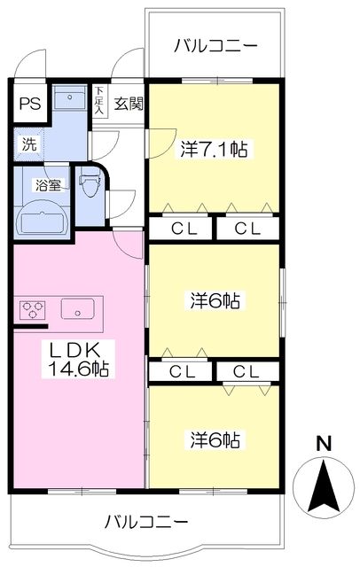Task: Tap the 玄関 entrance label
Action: pos(129,104)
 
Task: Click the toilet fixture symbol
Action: pos(90,188)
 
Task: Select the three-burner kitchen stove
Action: pos(33,310)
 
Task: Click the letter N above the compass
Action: pos(324,444)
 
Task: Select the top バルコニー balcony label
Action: pos(215,44)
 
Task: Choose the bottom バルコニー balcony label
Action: pos(145,520)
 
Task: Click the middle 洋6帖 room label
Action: pos(215,300)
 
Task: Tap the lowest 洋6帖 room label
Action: pos(215,439)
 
